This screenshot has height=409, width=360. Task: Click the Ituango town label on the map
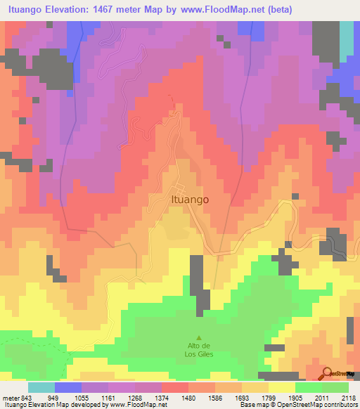(x=190, y=199)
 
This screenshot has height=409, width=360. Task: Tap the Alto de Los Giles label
(x=198, y=349)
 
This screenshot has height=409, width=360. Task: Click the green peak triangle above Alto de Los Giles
(x=198, y=337)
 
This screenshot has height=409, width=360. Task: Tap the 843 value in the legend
(x=27, y=397)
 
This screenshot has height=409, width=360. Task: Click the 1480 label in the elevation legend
(x=188, y=397)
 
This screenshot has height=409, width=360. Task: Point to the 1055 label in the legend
(x=81, y=397)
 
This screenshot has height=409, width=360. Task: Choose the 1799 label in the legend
(x=268, y=397)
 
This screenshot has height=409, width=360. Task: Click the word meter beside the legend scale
(x=10, y=397)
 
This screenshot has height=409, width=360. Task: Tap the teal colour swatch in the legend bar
(x=41, y=387)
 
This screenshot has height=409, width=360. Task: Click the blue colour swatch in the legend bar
(x=67, y=387)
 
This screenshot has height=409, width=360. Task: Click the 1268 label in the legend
(x=134, y=397)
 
